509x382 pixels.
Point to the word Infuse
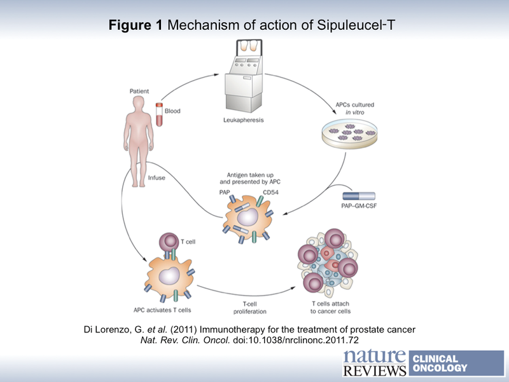pos(156,178)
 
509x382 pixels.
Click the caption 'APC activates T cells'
pos(163,310)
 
